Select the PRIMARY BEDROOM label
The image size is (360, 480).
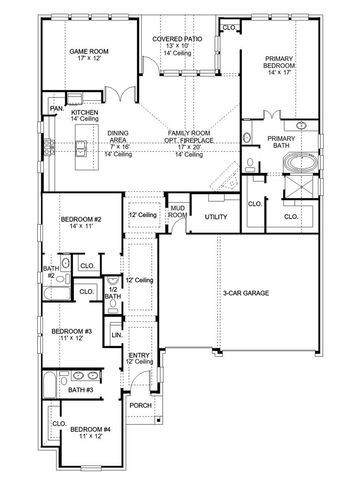pyautogui.click(x=280, y=63)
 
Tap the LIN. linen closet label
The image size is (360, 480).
pyautogui.click(x=116, y=333)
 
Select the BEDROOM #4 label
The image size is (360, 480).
pyautogui.click(x=90, y=431)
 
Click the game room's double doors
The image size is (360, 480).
pyautogui.click(x=120, y=97)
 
